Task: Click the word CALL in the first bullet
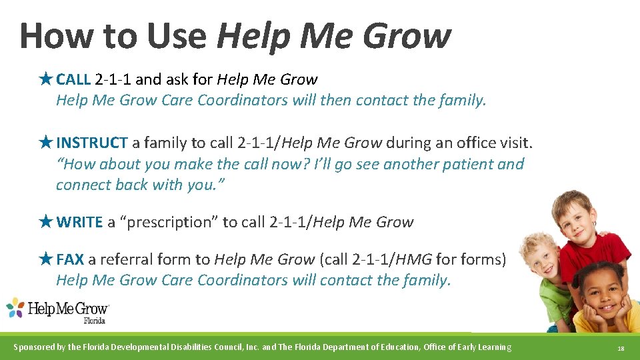point(73,80)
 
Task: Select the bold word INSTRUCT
point(92,143)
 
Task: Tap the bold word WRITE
point(79,223)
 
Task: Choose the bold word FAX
point(70,259)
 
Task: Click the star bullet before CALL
point(45,79)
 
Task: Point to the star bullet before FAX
point(45,259)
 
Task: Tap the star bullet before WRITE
point(45,222)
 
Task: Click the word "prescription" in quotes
point(168,223)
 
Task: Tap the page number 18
point(621,348)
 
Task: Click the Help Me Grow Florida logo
point(57,311)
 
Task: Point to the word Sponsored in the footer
point(38,347)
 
